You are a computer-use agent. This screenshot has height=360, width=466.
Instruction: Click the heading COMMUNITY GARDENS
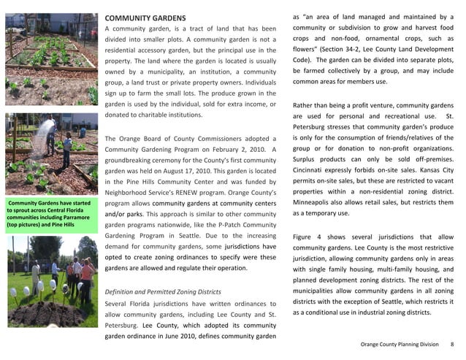[145, 17]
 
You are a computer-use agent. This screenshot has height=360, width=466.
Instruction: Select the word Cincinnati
[312, 170]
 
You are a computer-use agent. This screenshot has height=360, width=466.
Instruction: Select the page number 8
[452, 344]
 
